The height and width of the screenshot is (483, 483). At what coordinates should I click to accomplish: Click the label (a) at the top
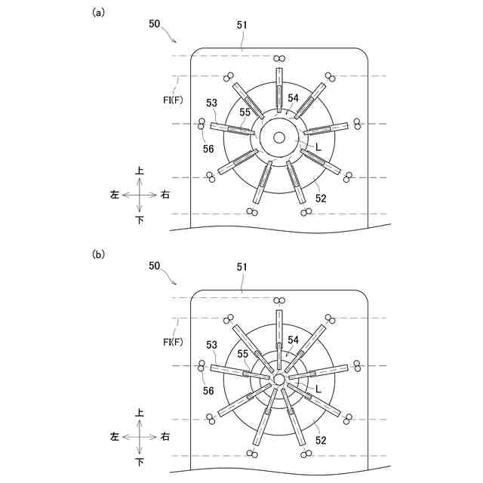[x=97, y=12]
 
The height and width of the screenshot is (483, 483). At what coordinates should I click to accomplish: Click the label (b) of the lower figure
[x=97, y=254]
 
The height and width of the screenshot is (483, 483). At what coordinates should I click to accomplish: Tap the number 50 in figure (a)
[x=154, y=24]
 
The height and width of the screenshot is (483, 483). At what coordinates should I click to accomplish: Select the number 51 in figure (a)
[x=242, y=25]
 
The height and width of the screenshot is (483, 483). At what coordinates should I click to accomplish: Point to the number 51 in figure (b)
[x=242, y=266]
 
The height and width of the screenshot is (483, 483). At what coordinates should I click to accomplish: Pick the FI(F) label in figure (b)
[x=173, y=342]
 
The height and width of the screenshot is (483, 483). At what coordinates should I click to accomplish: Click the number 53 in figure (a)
[x=211, y=102]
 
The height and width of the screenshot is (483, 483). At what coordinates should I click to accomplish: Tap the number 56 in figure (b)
[x=208, y=391]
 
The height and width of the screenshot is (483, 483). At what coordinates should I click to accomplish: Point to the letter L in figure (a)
[x=318, y=149]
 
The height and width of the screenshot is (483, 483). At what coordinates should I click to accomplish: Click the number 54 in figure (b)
[x=293, y=340]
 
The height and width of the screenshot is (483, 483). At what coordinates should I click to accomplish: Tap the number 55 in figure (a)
[x=245, y=112]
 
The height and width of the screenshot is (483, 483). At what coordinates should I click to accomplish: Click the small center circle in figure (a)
[x=279, y=137]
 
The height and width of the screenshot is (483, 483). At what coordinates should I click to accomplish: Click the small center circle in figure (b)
[x=279, y=379]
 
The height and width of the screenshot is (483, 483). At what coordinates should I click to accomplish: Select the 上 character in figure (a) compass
[x=140, y=171]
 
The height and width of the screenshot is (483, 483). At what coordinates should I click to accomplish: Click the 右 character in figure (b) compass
[x=165, y=436]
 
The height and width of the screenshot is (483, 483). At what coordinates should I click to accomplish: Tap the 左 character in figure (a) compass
[x=115, y=195]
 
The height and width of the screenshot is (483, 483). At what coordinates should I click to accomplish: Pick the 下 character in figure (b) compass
[x=140, y=460]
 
